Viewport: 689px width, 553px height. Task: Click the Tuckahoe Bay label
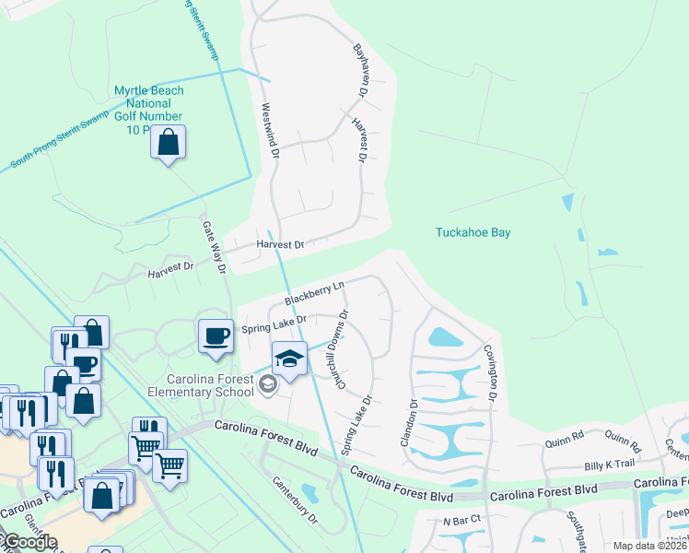473,233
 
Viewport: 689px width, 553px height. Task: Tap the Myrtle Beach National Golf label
148,110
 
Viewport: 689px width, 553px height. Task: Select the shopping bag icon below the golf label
168,144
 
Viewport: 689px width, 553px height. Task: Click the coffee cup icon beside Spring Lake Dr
216,335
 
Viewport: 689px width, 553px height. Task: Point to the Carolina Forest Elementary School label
210,386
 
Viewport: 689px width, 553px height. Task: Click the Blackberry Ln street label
314,294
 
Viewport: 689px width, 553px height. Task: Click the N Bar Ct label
461,521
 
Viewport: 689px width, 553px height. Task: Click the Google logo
29,541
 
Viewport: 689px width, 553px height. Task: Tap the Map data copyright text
649,546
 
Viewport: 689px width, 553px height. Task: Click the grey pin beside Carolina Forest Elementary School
268,385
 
